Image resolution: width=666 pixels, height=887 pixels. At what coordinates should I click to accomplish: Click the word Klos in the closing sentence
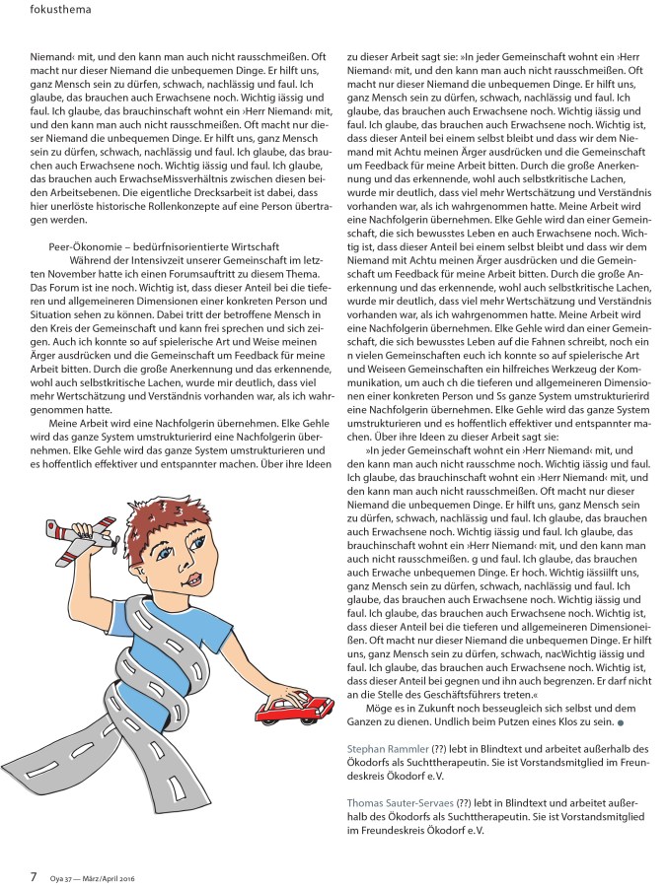pyautogui.click(x=556, y=723)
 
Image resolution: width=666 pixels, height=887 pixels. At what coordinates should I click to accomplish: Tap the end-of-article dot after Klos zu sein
pyautogui.click(x=619, y=725)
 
